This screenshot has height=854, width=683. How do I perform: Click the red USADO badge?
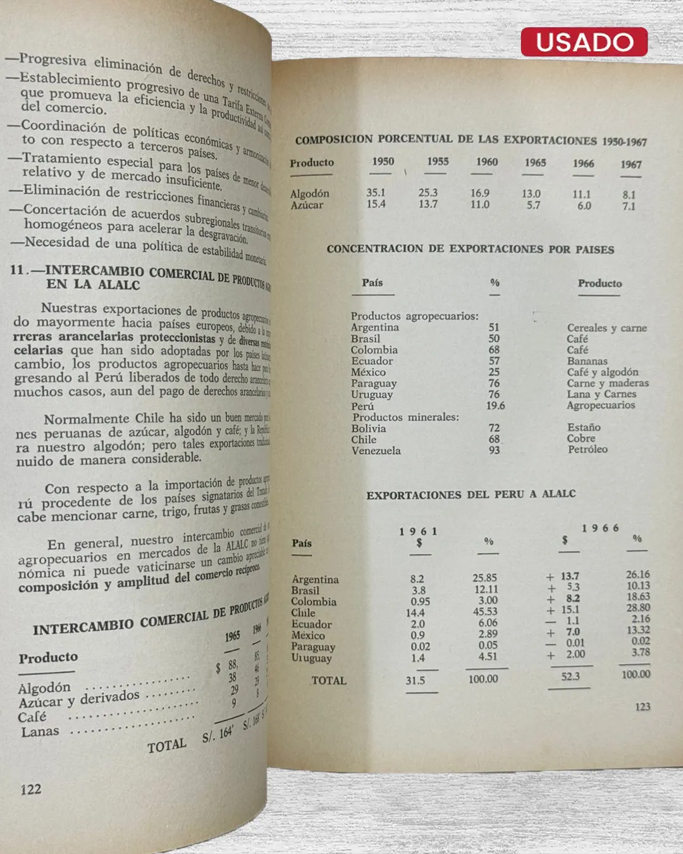(584, 42)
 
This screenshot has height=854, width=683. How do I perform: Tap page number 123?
(643, 707)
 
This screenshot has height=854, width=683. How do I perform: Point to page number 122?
(30, 789)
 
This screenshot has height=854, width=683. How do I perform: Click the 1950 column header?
(383, 161)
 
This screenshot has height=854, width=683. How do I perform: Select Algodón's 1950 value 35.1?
(376, 192)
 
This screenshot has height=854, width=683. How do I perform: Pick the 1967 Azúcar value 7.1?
(629, 206)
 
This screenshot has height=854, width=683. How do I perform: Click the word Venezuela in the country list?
(376, 450)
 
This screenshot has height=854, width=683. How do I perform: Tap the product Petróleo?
(588, 449)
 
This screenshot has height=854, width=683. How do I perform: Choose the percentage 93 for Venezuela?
(494, 450)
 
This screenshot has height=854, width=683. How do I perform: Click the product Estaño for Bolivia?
(584, 427)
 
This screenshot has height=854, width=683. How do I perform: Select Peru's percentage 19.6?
(495, 405)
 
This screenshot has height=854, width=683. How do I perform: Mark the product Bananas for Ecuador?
(587, 361)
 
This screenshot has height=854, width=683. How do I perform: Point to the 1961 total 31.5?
(415, 680)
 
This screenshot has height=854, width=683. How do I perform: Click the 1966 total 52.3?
(570, 676)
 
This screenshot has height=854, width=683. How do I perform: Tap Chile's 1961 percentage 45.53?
(485, 611)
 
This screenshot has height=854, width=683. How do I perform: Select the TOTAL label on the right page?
(329, 681)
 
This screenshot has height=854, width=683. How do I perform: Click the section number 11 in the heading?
(16, 269)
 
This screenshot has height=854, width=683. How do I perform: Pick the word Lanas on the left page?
(40, 732)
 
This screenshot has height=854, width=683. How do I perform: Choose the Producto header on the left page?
(48, 658)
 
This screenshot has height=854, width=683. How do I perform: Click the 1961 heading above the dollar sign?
(418, 531)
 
